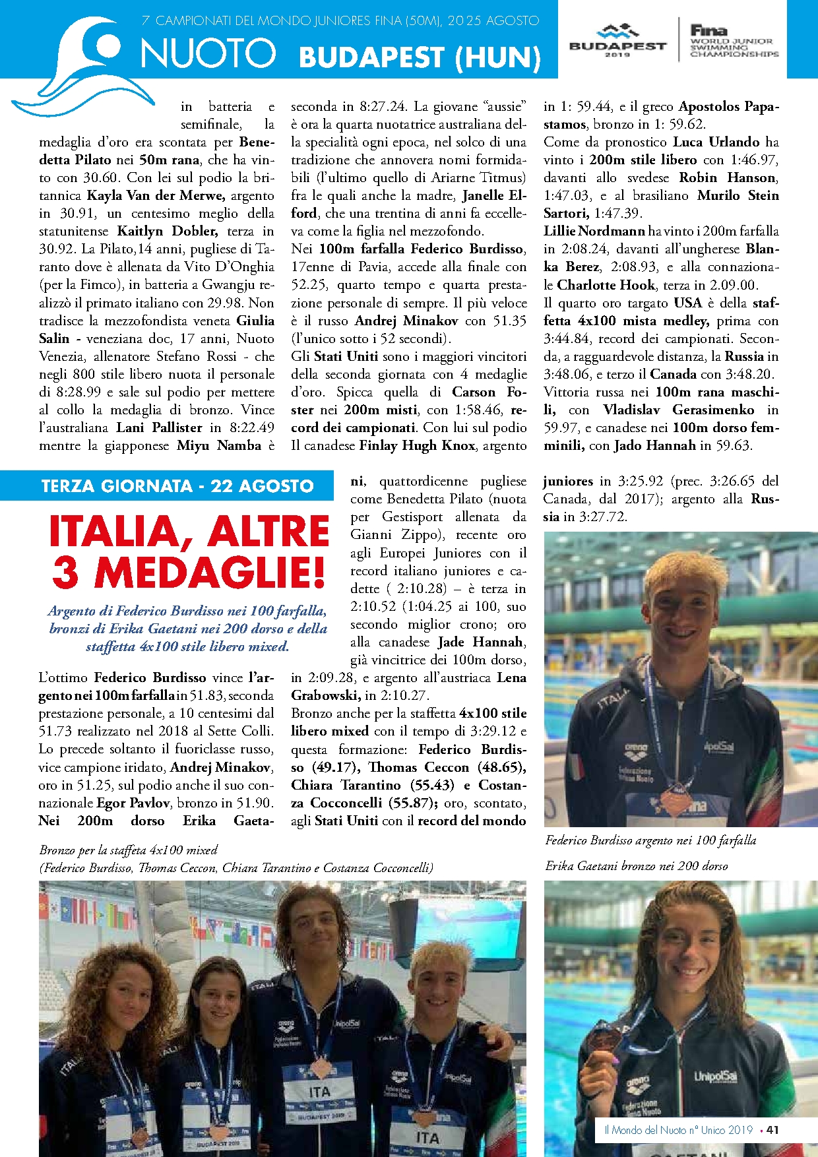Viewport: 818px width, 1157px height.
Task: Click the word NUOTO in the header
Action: (208, 53)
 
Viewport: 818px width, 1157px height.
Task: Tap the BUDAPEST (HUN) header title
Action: (420, 57)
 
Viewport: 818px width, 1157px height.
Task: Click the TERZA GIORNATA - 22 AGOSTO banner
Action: (177, 486)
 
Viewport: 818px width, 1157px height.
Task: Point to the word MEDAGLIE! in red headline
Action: (211, 573)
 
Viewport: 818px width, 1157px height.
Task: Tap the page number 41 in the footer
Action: (772, 1129)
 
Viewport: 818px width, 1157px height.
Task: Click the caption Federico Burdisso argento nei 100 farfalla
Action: (650, 840)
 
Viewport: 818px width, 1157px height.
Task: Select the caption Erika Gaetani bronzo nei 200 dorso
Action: (636, 865)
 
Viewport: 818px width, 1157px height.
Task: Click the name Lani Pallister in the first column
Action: (158, 427)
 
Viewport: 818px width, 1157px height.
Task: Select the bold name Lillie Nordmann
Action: (594, 231)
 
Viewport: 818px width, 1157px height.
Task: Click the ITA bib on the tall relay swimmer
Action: (319, 1093)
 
